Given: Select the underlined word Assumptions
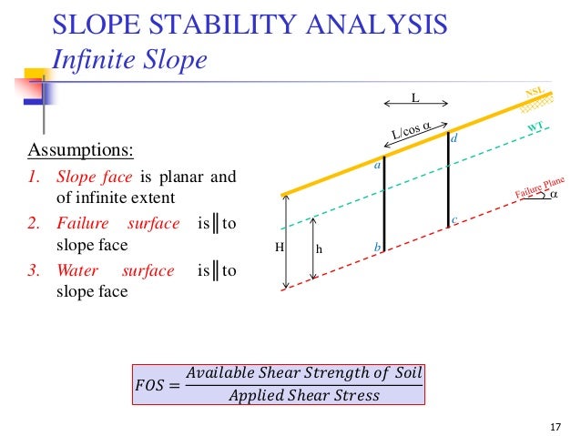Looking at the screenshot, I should point(81,148).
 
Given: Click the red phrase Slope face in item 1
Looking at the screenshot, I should point(95,177).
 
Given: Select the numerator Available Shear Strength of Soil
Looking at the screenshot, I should point(303,374).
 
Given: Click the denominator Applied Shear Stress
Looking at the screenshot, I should point(303,396).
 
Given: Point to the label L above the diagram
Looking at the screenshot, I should point(414,96).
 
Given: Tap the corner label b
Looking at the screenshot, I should point(376,247).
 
